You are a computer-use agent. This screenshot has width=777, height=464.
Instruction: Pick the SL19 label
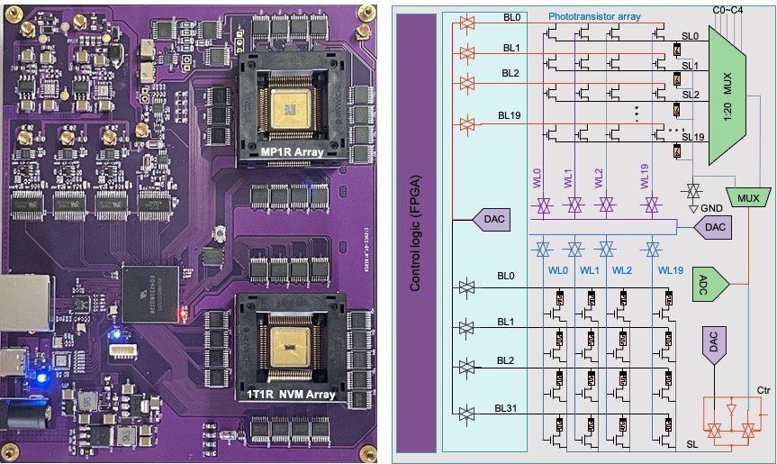coord(693,137)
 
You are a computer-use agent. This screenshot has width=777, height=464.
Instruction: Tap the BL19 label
coord(509,114)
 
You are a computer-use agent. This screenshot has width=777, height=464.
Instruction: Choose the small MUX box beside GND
coord(746,197)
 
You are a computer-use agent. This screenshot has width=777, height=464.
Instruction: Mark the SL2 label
coord(691,94)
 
